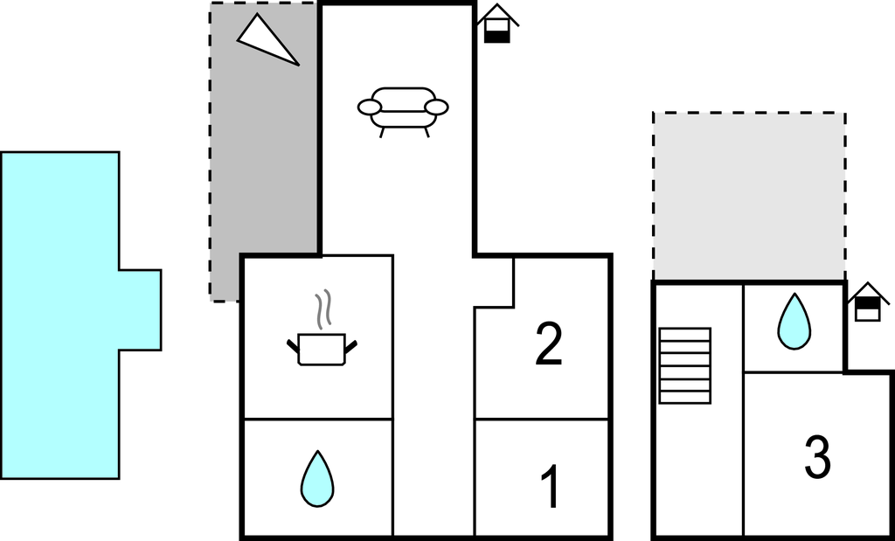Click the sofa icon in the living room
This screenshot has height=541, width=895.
[403, 112]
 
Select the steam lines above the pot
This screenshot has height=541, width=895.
[323, 309]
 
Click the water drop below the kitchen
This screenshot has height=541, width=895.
[317, 479]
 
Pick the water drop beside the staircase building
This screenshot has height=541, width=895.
[794, 322]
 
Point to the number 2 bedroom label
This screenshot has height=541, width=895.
[549, 343]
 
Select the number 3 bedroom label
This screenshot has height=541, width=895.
[817, 457]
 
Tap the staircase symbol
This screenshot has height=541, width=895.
[685, 366]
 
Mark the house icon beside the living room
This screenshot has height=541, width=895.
[497, 24]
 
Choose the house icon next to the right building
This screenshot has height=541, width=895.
[868, 302]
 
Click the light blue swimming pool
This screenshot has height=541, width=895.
[60, 315]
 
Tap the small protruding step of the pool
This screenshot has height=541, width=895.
[141, 310]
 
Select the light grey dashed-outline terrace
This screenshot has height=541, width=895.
[749, 196]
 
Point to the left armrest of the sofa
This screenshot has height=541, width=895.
[370, 107]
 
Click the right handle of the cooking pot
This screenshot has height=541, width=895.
[350, 346]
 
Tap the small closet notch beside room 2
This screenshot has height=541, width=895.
[495, 282]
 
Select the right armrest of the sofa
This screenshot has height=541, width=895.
[437, 107]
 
